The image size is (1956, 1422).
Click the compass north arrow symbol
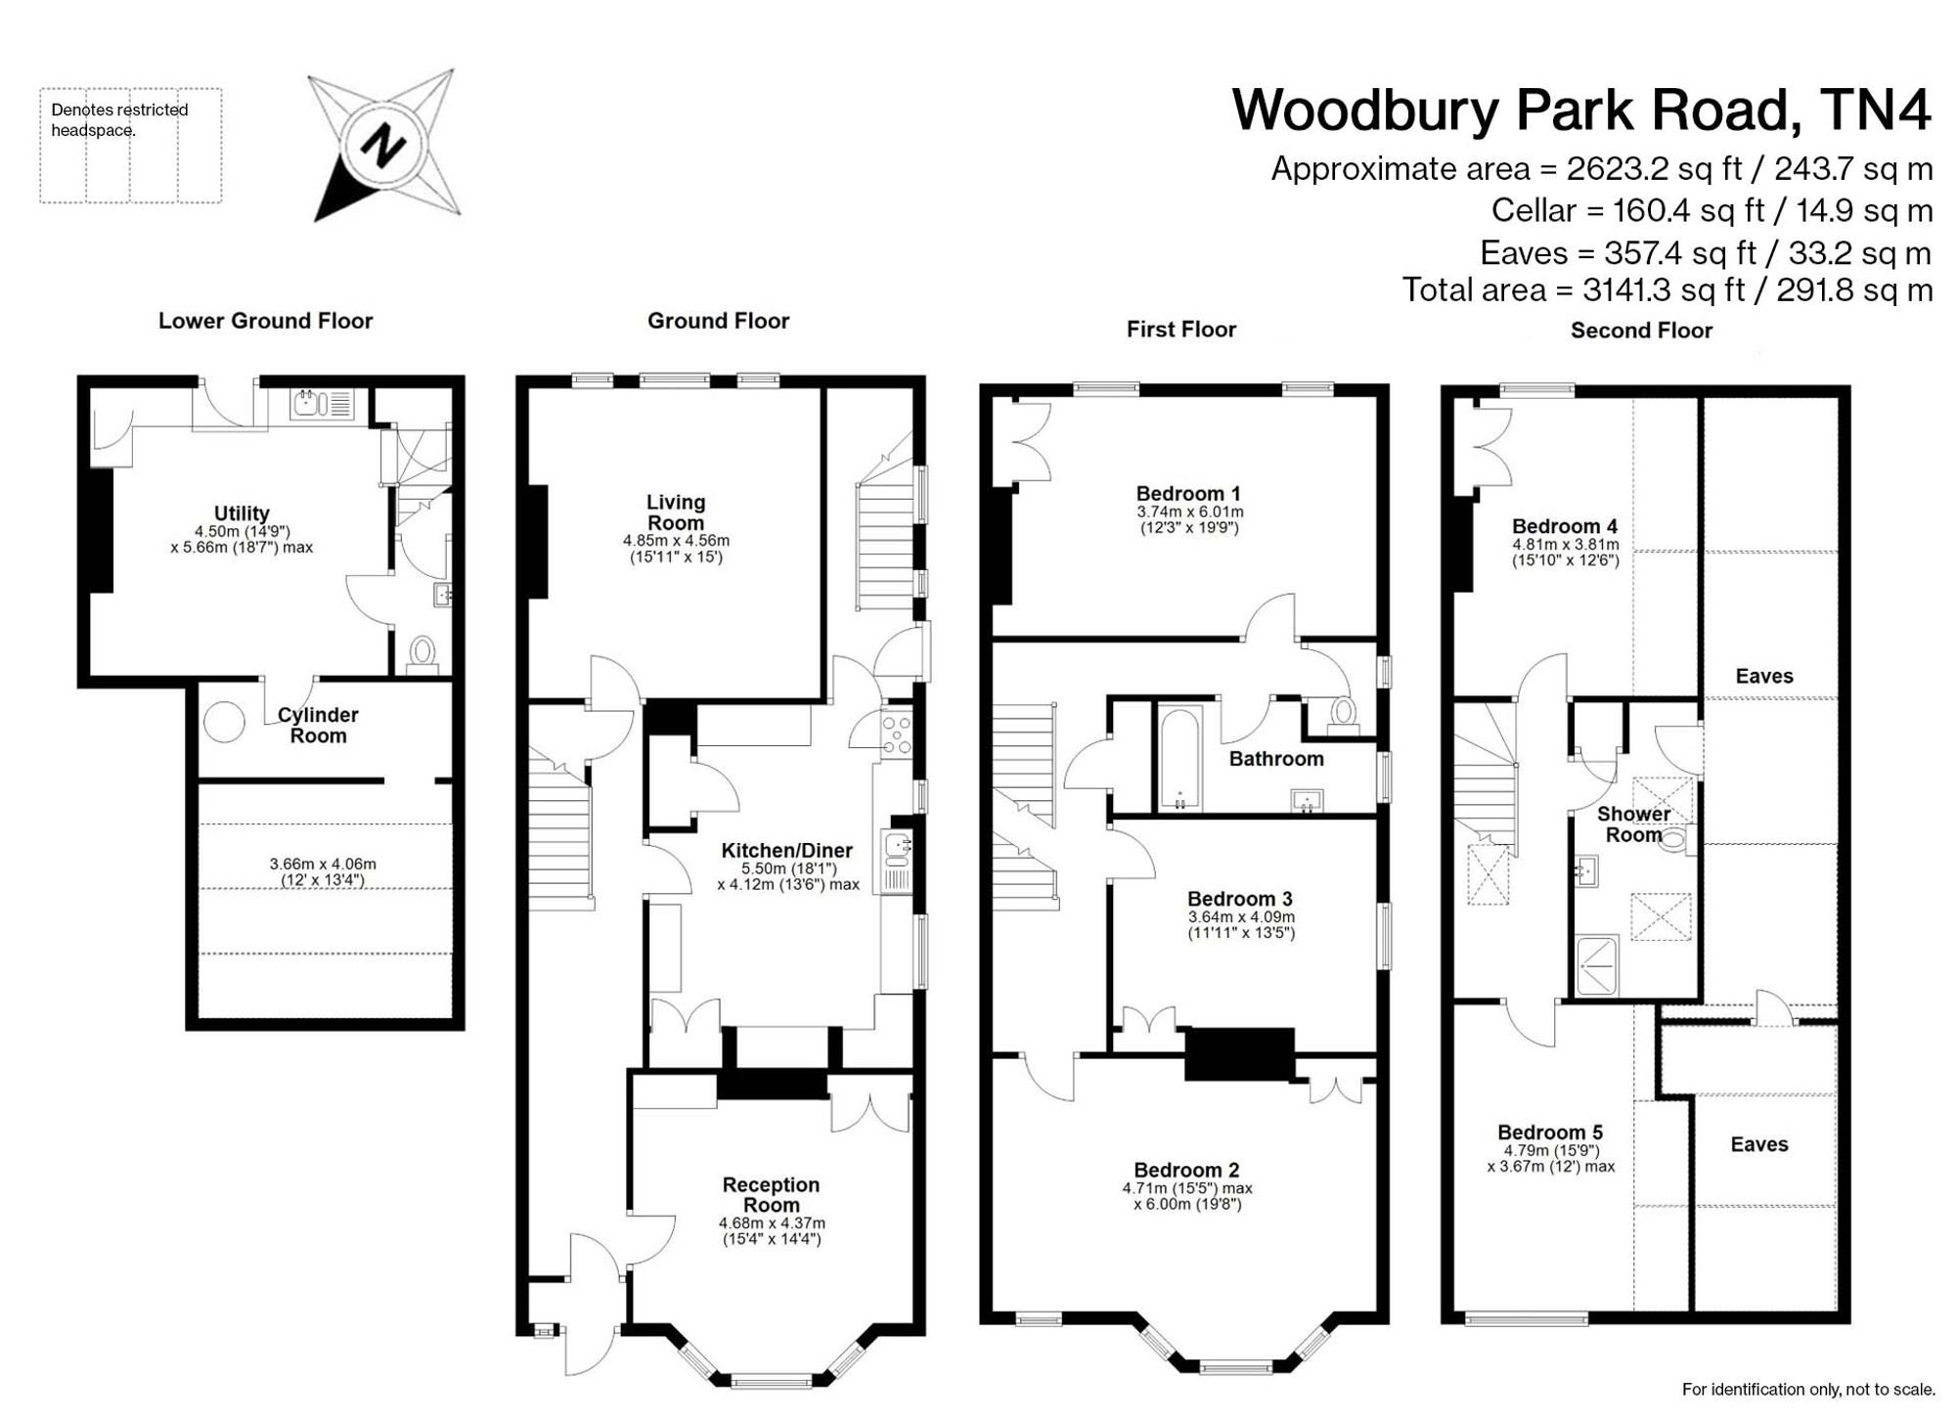[383, 146]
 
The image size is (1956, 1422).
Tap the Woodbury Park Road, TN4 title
[1581, 110]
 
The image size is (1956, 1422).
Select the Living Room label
[676, 511]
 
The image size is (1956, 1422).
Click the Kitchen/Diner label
[787, 851]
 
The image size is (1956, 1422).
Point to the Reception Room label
[772, 1194]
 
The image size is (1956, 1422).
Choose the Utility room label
[242, 513]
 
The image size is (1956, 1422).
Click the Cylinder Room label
[318, 725]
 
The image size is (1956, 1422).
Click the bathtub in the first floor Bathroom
[1179, 759]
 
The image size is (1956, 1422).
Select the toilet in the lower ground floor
[422, 653]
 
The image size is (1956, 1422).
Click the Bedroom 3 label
[1240, 899]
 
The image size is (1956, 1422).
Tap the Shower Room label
[1633, 823]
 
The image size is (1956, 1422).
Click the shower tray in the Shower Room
[1595, 966]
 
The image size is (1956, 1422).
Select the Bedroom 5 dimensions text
[1551, 1159]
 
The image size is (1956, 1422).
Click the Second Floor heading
[1641, 331]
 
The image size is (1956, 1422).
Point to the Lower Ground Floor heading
[265, 321]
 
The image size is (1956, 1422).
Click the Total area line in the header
[1667, 289]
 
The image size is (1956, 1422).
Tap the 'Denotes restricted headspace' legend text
[119, 119]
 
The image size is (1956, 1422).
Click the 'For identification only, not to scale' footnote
[1808, 1389]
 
